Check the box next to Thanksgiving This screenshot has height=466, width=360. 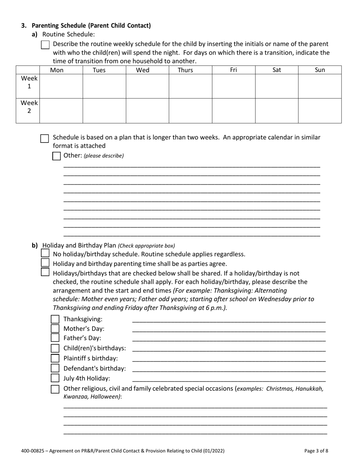[55, 319]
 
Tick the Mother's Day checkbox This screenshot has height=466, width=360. [55, 329]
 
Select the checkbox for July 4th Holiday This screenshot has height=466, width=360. [55, 378]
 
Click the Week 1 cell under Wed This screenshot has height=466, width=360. [147, 86]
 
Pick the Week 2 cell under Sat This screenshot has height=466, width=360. [277, 111]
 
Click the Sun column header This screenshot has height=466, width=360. [320, 70]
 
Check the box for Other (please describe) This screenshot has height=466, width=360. [56, 156]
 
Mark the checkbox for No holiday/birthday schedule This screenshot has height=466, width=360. [45, 253]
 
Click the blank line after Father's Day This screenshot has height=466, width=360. [229, 339]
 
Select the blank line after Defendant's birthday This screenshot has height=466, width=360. [229, 369]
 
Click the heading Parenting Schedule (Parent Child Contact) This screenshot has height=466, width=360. [91, 26]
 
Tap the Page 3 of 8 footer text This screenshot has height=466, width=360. [316, 451]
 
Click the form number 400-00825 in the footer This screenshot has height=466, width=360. [33, 451]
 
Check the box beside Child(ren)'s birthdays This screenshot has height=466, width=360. [55, 349]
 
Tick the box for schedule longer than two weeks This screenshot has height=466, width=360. [45, 138]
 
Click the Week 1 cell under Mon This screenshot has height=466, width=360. [61, 86]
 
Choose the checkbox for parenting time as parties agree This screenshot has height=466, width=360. [45, 263]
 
